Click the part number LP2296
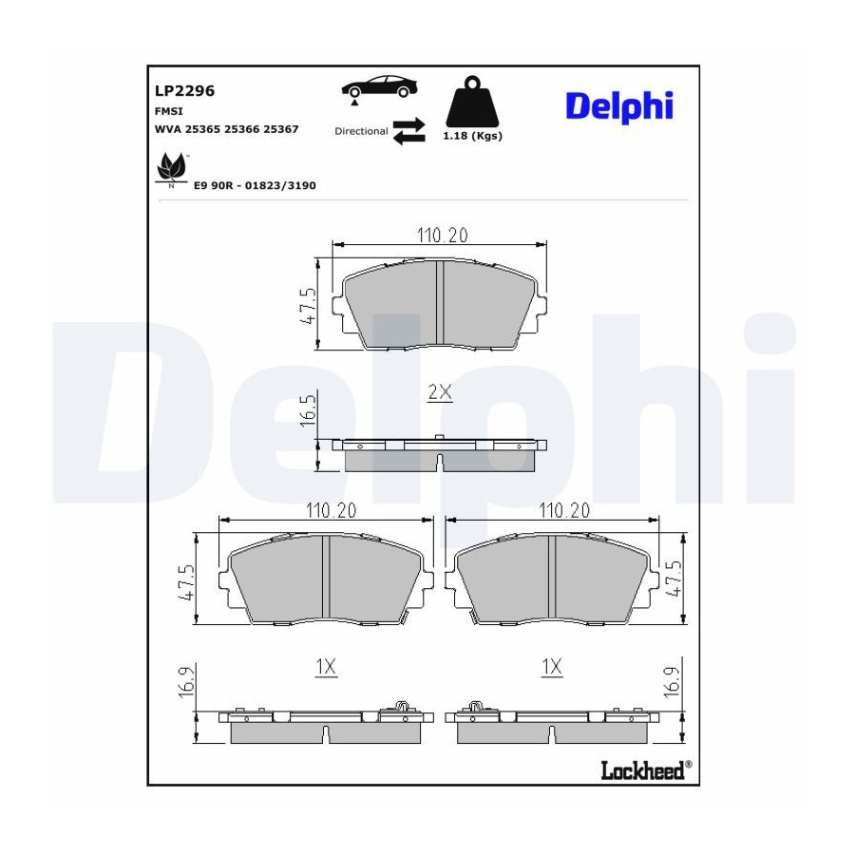184,90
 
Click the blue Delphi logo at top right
619,105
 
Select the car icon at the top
379,87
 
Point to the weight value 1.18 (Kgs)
472,136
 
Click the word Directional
361,131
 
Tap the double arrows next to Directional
408,131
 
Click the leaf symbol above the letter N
171,166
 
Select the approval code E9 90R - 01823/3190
255,185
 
